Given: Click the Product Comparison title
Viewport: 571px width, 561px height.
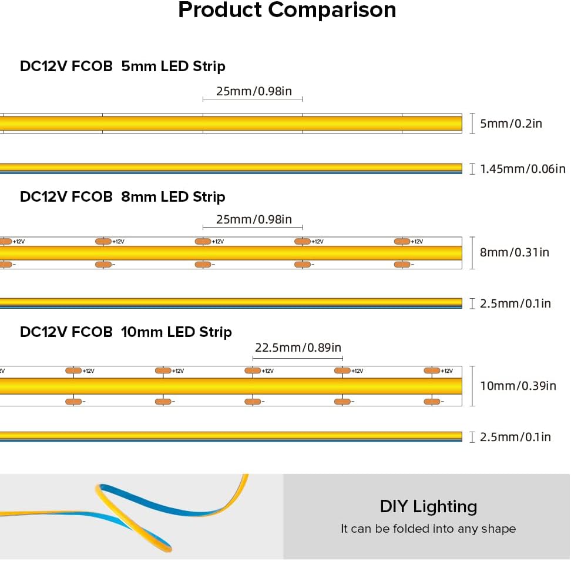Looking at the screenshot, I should [x=287, y=10].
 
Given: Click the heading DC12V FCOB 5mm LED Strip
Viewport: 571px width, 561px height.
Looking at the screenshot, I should [x=122, y=66].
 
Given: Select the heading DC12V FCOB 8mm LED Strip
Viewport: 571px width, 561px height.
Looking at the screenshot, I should [x=122, y=196].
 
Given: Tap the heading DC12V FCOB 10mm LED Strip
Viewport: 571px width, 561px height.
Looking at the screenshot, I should [x=126, y=332].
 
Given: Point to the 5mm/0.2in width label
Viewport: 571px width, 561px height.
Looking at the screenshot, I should [x=511, y=123].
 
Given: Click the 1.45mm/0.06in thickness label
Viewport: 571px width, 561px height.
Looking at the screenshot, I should [x=523, y=169].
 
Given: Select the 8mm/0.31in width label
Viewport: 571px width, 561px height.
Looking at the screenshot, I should [x=515, y=252].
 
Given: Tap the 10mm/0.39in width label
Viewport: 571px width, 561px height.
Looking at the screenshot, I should [x=518, y=386].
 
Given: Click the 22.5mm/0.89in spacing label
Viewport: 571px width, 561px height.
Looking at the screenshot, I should [x=297, y=348].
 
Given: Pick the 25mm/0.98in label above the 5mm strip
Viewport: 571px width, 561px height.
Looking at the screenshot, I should [x=254, y=91].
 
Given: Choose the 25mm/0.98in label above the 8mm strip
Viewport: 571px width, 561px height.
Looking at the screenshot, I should [x=254, y=219].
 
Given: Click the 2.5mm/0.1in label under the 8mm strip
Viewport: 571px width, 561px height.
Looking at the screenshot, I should [x=516, y=303].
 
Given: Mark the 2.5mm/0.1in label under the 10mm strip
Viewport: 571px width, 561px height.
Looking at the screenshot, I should [x=516, y=436].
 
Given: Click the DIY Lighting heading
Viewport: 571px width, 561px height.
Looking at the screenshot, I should [x=428, y=506].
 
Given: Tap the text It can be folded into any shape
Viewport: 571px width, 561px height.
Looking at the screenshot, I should [x=428, y=529].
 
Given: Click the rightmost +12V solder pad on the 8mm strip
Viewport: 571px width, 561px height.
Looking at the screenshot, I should [x=402, y=242].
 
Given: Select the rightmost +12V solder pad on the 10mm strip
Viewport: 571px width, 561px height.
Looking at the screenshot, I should [x=432, y=370].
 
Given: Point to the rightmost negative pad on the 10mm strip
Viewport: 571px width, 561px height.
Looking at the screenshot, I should [x=432, y=402].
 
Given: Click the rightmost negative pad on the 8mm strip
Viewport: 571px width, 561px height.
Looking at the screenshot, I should [x=402, y=265].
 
